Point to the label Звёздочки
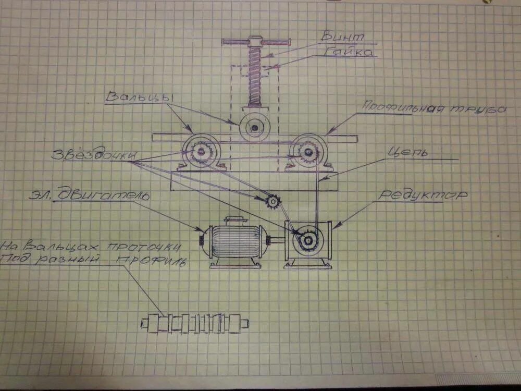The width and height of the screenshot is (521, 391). point(94,155)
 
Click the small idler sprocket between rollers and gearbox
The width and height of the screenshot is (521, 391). point(272,200)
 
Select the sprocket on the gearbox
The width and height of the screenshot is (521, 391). point(307,240)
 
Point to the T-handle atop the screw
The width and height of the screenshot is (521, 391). point(255,41)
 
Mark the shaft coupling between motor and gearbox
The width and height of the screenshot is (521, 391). point(275,240)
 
